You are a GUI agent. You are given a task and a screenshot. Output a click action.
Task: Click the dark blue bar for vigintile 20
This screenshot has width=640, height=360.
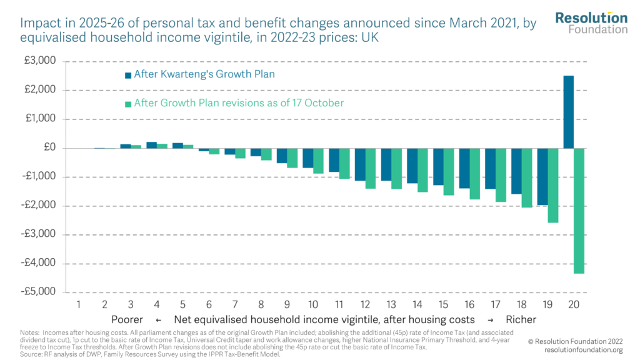click(569, 112)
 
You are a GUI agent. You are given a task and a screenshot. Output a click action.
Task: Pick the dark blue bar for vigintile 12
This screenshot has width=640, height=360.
click(360, 164)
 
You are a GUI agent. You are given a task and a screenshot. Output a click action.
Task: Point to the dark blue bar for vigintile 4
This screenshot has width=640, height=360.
click(151, 145)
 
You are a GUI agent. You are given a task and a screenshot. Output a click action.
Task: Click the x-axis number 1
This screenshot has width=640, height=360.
click(79, 304)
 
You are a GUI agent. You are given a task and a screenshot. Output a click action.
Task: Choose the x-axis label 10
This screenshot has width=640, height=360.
click(313, 304)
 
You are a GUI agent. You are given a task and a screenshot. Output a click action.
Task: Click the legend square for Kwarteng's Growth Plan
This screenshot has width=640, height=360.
click(128, 75)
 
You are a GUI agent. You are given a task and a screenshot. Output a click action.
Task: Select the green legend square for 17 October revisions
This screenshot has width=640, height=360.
click(128, 104)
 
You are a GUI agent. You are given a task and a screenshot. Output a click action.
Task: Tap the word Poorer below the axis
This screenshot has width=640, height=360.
click(127, 319)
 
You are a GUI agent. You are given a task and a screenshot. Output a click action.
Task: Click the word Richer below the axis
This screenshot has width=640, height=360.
click(521, 319)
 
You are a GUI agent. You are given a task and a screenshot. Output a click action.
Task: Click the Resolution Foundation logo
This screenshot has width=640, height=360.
click(591, 22)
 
